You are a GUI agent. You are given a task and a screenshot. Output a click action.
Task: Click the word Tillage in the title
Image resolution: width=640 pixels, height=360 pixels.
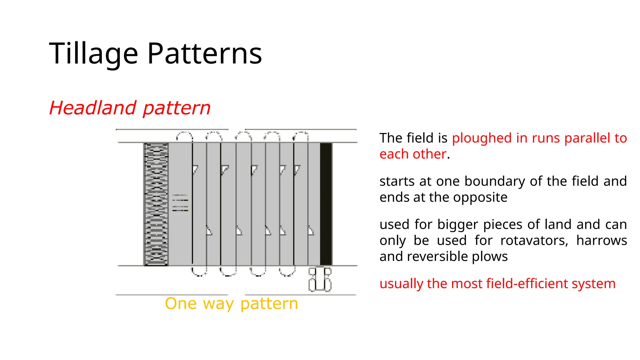tap(93, 54)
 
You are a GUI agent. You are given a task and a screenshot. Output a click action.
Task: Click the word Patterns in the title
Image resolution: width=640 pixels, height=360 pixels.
tap(204, 54)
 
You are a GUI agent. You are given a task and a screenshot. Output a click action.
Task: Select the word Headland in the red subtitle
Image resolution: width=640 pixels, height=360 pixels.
tap(92, 108)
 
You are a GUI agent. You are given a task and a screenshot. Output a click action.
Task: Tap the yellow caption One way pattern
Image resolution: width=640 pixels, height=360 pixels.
tap(231, 304)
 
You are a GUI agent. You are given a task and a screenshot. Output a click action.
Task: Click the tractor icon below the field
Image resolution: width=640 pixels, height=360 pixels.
tap(320, 279)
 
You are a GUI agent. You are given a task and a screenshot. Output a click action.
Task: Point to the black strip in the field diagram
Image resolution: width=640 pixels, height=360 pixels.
tap(326, 204)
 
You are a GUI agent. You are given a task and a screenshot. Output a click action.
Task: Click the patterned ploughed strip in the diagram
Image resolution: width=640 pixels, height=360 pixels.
tap(156, 204)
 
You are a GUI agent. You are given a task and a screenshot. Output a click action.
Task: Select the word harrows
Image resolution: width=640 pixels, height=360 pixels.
tap(601, 241)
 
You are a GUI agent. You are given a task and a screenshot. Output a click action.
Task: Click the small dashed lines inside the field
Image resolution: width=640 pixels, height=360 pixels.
tap(180, 203)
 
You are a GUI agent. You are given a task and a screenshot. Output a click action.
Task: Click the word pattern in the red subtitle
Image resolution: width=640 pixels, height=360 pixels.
tap(177, 108)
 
